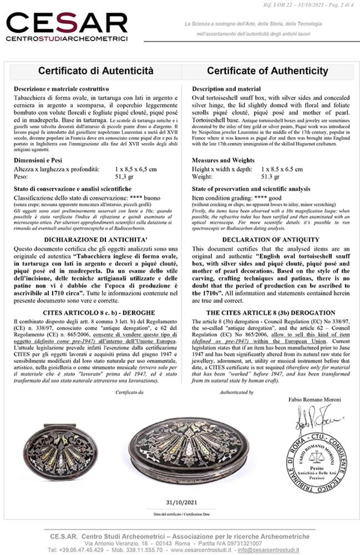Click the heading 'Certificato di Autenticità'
tap(96, 71)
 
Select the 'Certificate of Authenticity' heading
tap(267, 71)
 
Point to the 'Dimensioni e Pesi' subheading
tap(38, 160)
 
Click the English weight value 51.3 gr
tap(270, 177)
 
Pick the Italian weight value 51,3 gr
tap(124, 177)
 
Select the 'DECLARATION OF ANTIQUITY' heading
tap(271, 239)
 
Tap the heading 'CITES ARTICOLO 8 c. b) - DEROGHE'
tap(99, 313)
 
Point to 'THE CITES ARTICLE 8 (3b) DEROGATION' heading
tap(271, 313)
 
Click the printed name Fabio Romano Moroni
tap(315, 399)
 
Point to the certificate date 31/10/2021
tap(182, 502)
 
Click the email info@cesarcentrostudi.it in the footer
tap(268, 550)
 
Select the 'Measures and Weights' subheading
tap(223, 160)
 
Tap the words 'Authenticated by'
tap(236, 392)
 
